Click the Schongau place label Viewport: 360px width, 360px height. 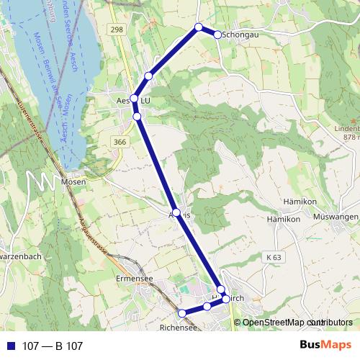pos(240,34)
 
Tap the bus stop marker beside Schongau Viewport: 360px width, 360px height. pos(218,34)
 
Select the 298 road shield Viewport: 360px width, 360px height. pos(117,29)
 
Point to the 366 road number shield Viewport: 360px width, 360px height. pos(120,143)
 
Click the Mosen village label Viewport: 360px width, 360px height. pos(74,182)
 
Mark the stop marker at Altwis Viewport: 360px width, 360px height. pos(176,212)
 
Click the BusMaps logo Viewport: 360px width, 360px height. pos(325,346)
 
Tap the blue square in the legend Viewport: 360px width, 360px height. pos(11,346)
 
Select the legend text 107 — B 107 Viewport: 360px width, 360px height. pos(53,346)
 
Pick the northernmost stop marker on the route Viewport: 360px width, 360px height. pos(199,27)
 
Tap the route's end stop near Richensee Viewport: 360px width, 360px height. pos(182,312)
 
